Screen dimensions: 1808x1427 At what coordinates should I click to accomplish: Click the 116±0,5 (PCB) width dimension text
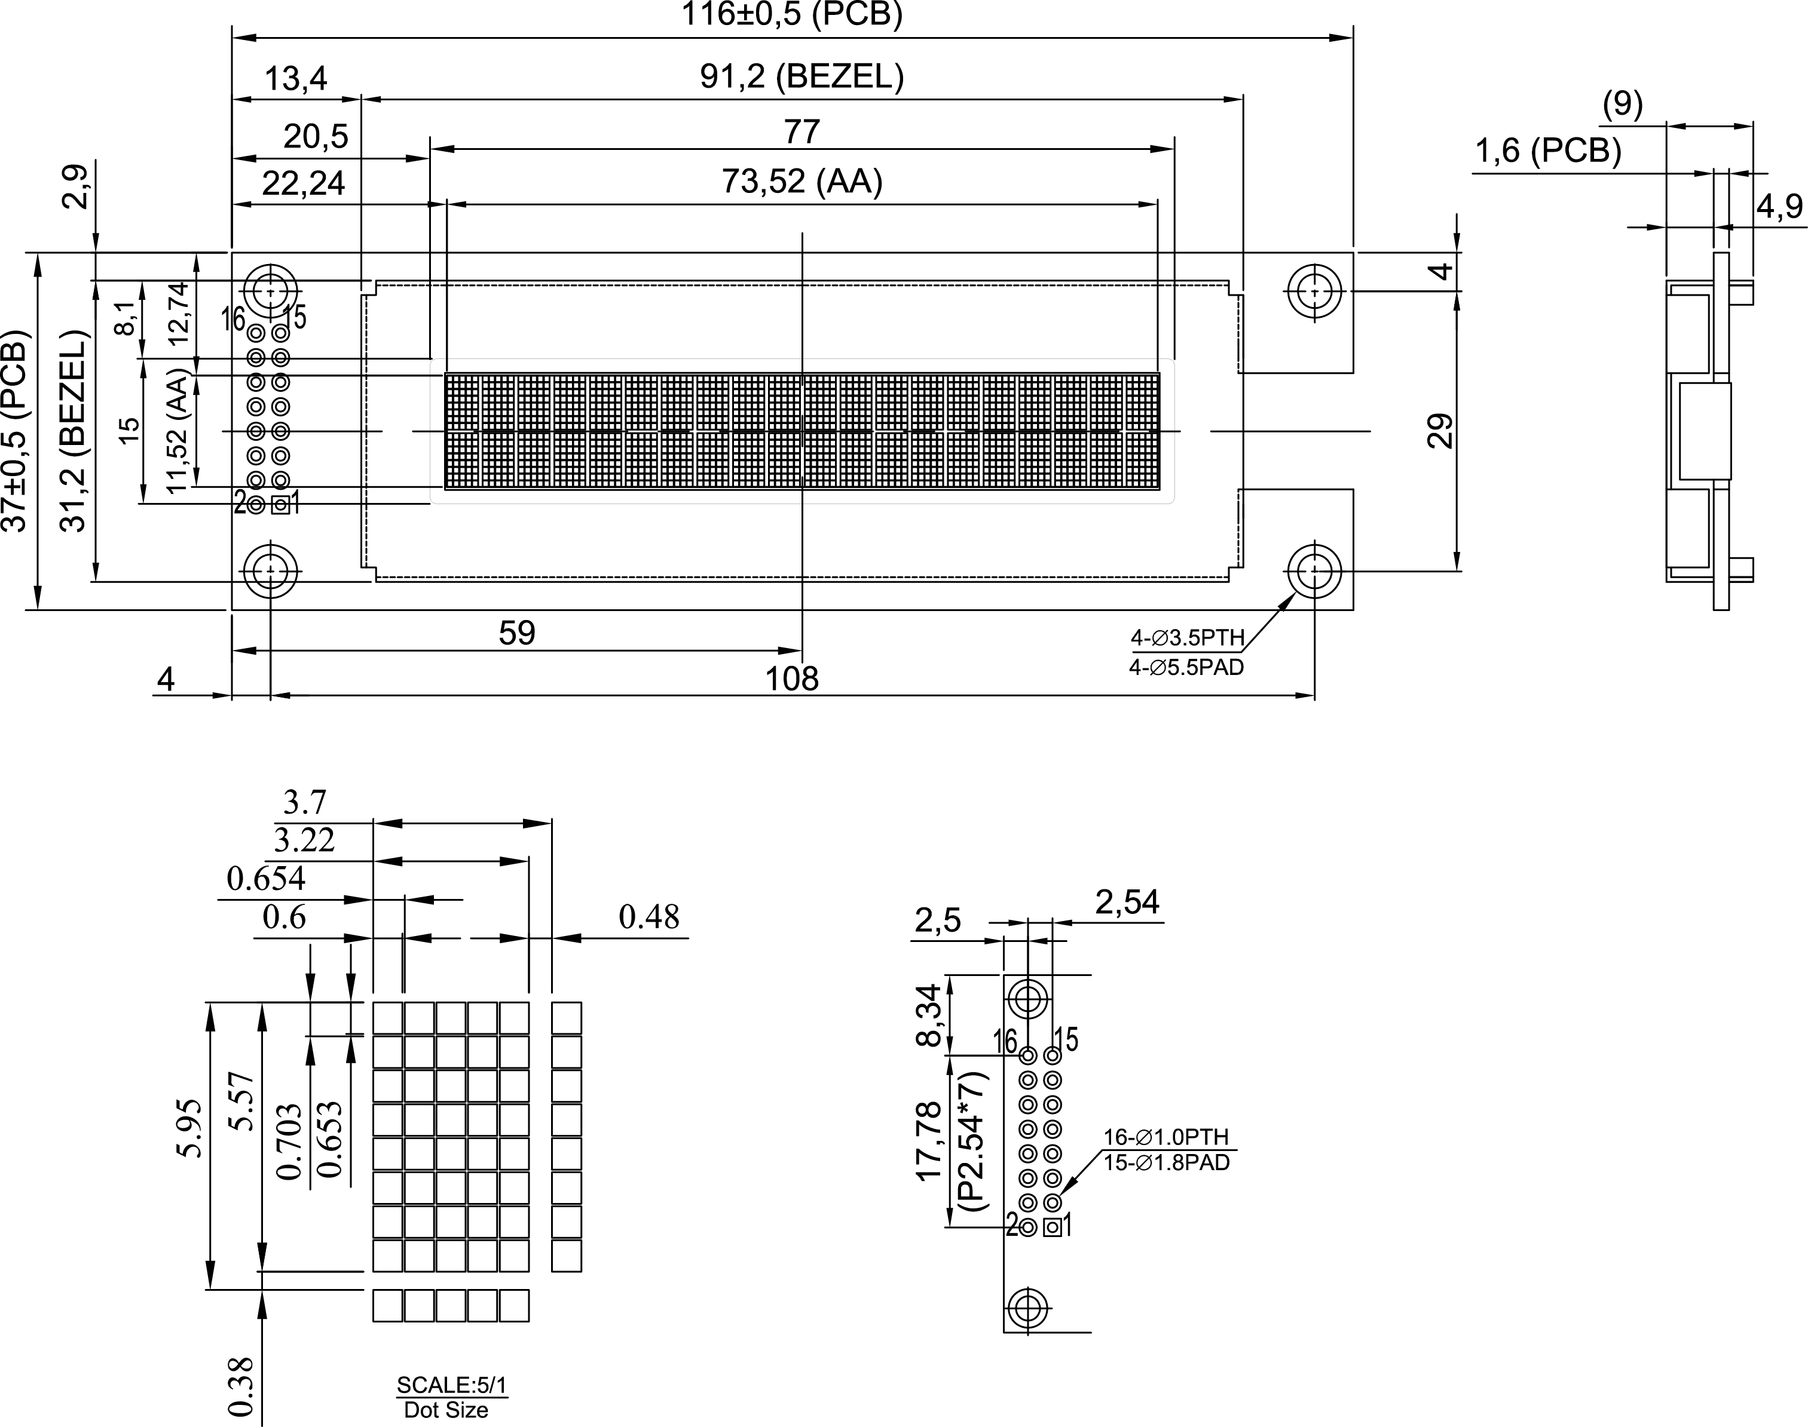click(x=791, y=15)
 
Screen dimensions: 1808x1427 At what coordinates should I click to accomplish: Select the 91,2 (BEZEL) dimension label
click(x=801, y=77)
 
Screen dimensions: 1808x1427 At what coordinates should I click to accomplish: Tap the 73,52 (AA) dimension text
click(x=801, y=182)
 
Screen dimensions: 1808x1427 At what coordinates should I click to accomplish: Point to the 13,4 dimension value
click(x=296, y=79)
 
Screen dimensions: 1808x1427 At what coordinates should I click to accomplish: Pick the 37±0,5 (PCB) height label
click(x=16, y=431)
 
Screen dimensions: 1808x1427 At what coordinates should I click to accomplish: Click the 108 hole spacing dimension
click(x=791, y=679)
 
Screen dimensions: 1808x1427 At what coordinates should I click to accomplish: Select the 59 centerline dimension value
click(x=516, y=633)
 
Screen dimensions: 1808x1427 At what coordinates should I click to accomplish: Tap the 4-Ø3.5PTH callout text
click(x=1188, y=639)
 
